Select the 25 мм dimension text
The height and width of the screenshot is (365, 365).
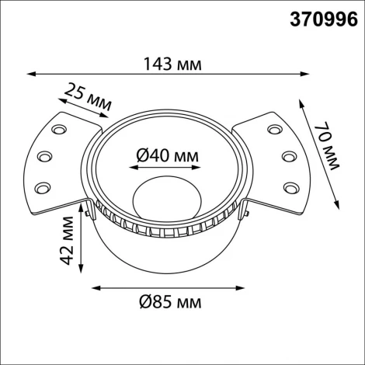click(86, 98)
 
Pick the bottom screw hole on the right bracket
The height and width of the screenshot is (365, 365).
click(292, 186)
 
